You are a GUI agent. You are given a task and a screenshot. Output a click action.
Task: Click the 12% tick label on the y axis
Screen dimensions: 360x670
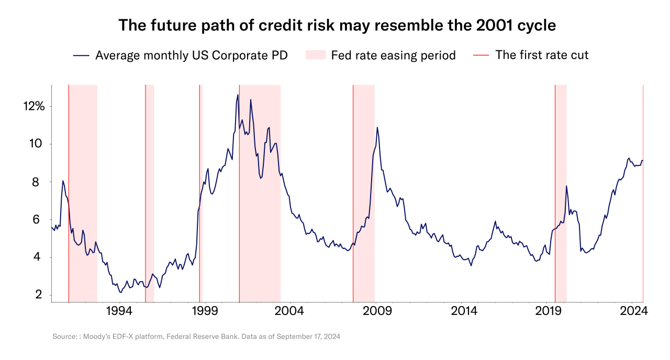[x=33, y=107]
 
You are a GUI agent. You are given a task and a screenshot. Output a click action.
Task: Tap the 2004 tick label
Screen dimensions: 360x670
[x=290, y=311]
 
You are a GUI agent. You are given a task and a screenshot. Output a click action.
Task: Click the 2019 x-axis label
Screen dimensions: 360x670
[x=548, y=311]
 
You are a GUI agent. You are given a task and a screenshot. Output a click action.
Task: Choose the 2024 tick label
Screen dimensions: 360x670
[x=634, y=311]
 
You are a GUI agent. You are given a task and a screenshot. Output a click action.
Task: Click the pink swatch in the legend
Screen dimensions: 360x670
[x=316, y=55]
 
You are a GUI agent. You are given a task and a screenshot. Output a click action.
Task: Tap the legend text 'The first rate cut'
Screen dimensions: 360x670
[x=542, y=55]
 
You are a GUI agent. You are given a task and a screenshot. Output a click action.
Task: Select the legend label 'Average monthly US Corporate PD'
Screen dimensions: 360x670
[x=191, y=55]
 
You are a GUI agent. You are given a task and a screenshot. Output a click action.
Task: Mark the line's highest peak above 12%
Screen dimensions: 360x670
[x=238, y=95]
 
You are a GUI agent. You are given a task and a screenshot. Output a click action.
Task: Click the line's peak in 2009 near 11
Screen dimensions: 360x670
[x=377, y=127]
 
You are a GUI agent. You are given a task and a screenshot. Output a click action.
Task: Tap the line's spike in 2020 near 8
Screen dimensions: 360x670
[x=566, y=186]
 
